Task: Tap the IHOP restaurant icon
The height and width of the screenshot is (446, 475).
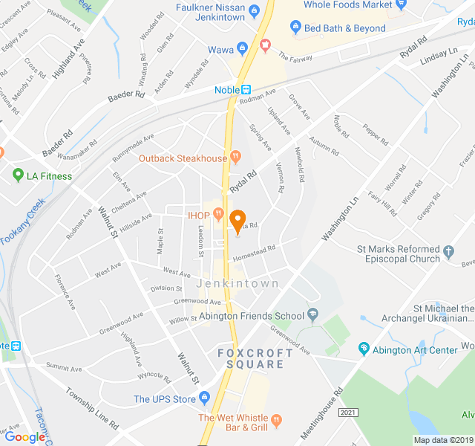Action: point(217,215)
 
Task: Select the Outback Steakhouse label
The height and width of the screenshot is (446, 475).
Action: point(183,158)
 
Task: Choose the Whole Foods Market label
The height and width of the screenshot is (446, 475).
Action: point(348,5)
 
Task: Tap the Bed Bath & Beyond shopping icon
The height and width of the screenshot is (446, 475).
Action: point(295,28)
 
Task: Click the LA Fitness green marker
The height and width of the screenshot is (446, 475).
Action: point(18,176)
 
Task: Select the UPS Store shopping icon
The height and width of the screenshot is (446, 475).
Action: point(206,399)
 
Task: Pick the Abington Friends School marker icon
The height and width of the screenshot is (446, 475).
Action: point(312,314)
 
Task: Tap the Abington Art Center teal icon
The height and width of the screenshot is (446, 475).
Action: point(364,348)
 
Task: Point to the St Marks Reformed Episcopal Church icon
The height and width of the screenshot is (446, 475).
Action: point(448,254)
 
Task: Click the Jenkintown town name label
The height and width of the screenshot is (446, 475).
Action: point(237,284)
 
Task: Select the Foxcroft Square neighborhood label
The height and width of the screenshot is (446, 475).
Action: point(251,358)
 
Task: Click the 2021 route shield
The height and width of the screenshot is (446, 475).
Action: point(348,412)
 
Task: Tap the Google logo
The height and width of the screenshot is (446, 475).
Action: point(24,437)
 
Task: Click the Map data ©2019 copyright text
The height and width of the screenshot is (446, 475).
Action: point(442,440)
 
